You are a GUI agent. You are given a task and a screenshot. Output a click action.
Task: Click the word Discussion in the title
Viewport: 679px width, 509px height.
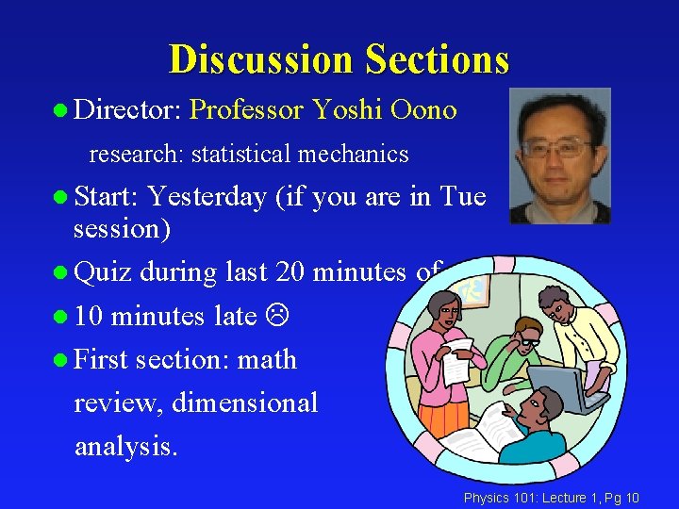pos(261,59)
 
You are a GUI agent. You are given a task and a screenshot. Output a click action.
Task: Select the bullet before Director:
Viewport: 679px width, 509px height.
pos(60,111)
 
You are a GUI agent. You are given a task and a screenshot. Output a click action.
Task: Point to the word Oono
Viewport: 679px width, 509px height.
pos(422,110)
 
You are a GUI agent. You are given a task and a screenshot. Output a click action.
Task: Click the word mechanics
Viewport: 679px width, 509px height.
pos(361,154)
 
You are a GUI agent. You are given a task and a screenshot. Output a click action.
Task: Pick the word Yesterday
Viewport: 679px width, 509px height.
pos(207,196)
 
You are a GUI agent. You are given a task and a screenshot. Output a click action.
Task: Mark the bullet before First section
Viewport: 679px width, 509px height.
pos(60,360)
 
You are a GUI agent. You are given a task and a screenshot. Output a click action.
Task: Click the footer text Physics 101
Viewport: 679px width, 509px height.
pos(497,497)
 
